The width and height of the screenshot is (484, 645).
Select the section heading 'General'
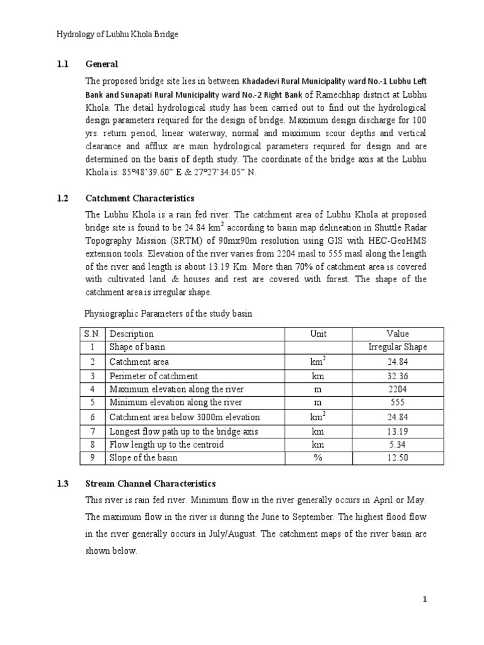click(101, 64)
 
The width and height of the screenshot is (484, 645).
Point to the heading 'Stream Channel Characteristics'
click(150, 484)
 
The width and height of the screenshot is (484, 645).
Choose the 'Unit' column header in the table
click(318, 334)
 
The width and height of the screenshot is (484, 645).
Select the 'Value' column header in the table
click(398, 334)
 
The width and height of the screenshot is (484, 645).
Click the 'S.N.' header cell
click(92, 334)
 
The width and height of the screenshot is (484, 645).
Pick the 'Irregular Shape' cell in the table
click(398, 347)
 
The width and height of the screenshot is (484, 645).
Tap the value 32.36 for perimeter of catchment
click(398, 376)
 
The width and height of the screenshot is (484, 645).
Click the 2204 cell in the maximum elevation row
click(398, 389)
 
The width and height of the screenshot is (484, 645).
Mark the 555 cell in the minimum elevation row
click(398, 402)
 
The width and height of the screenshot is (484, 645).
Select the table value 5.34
click(398, 445)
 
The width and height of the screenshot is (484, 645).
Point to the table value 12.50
click(398, 458)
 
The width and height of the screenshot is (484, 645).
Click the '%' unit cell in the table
click(318, 458)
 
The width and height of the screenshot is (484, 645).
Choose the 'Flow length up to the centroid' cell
click(167, 445)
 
